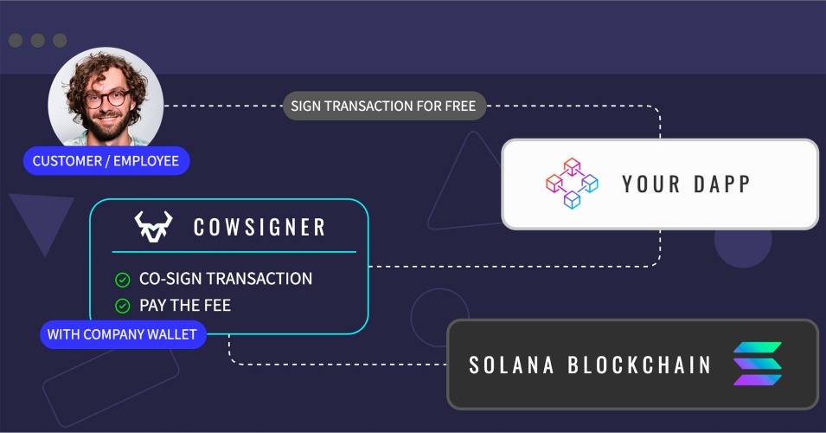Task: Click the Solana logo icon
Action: [758, 364]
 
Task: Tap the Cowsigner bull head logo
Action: [153, 227]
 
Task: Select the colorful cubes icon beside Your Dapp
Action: [572, 184]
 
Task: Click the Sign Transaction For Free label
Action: [383, 106]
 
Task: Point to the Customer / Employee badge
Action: [106, 161]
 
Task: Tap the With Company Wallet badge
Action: [122, 334]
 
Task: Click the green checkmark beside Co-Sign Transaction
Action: [123, 280]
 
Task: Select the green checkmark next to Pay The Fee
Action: [123, 306]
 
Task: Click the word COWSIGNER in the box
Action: [259, 227]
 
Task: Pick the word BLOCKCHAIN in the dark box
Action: [639, 365]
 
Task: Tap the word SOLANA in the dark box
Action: [511, 365]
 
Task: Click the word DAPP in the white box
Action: [721, 184]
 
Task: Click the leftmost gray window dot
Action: [16, 40]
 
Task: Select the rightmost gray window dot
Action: [60, 40]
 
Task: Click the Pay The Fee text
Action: [185, 306]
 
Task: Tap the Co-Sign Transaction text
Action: [226, 279]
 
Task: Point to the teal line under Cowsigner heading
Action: [234, 252]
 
